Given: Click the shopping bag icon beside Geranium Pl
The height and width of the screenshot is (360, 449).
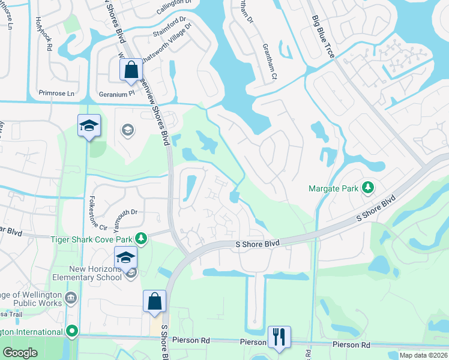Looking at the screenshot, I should tap(131, 70).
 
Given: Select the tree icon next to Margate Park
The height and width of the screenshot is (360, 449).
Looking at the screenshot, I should tap(367, 188).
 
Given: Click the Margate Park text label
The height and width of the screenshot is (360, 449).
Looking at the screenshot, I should tap(333, 188).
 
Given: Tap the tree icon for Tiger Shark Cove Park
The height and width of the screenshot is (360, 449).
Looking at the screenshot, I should tap(141, 239).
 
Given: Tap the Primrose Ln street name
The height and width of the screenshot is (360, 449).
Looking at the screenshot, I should tap(56, 94).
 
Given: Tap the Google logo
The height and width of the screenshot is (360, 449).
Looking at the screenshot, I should tap(20, 353).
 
